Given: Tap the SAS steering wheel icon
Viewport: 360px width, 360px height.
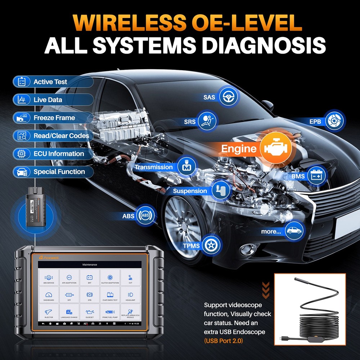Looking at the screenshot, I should (x=228, y=97).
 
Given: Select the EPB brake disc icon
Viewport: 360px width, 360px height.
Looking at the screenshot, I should (x=335, y=121).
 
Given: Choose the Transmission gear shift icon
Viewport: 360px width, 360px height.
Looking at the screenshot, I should (x=186, y=167).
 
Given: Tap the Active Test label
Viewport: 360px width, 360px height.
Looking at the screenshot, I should (x=50, y=82).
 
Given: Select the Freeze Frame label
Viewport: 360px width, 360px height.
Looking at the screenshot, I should (x=54, y=118).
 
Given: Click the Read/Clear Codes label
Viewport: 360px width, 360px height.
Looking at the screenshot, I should (x=61, y=136).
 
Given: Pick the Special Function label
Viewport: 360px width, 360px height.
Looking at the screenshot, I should (x=59, y=172).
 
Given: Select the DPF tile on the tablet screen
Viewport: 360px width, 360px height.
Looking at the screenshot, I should (x=69, y=296).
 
